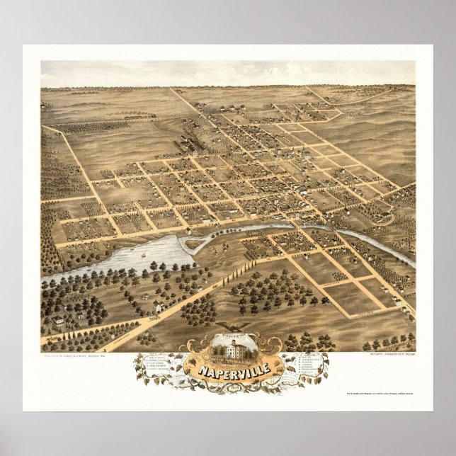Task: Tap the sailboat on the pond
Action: tap(144, 252)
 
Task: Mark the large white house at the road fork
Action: tap(159, 306)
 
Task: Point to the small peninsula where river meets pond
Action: tap(190, 242)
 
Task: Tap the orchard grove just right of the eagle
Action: tap(280, 294)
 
